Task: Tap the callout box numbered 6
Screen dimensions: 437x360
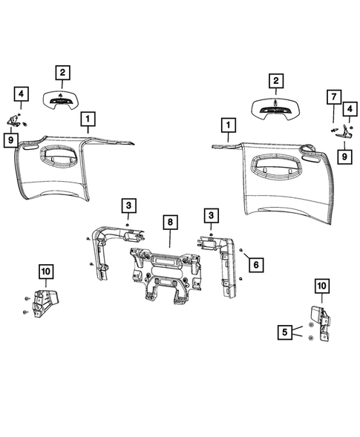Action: point(255,263)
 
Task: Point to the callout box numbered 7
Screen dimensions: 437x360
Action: point(334,97)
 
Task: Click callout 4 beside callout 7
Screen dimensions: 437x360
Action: point(347,110)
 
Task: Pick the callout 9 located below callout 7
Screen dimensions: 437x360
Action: point(346,156)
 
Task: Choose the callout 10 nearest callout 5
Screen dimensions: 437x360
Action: point(321,286)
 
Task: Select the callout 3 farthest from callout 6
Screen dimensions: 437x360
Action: point(128,206)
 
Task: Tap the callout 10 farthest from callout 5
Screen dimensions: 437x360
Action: point(45,272)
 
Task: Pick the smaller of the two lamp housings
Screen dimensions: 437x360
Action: point(65,100)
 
